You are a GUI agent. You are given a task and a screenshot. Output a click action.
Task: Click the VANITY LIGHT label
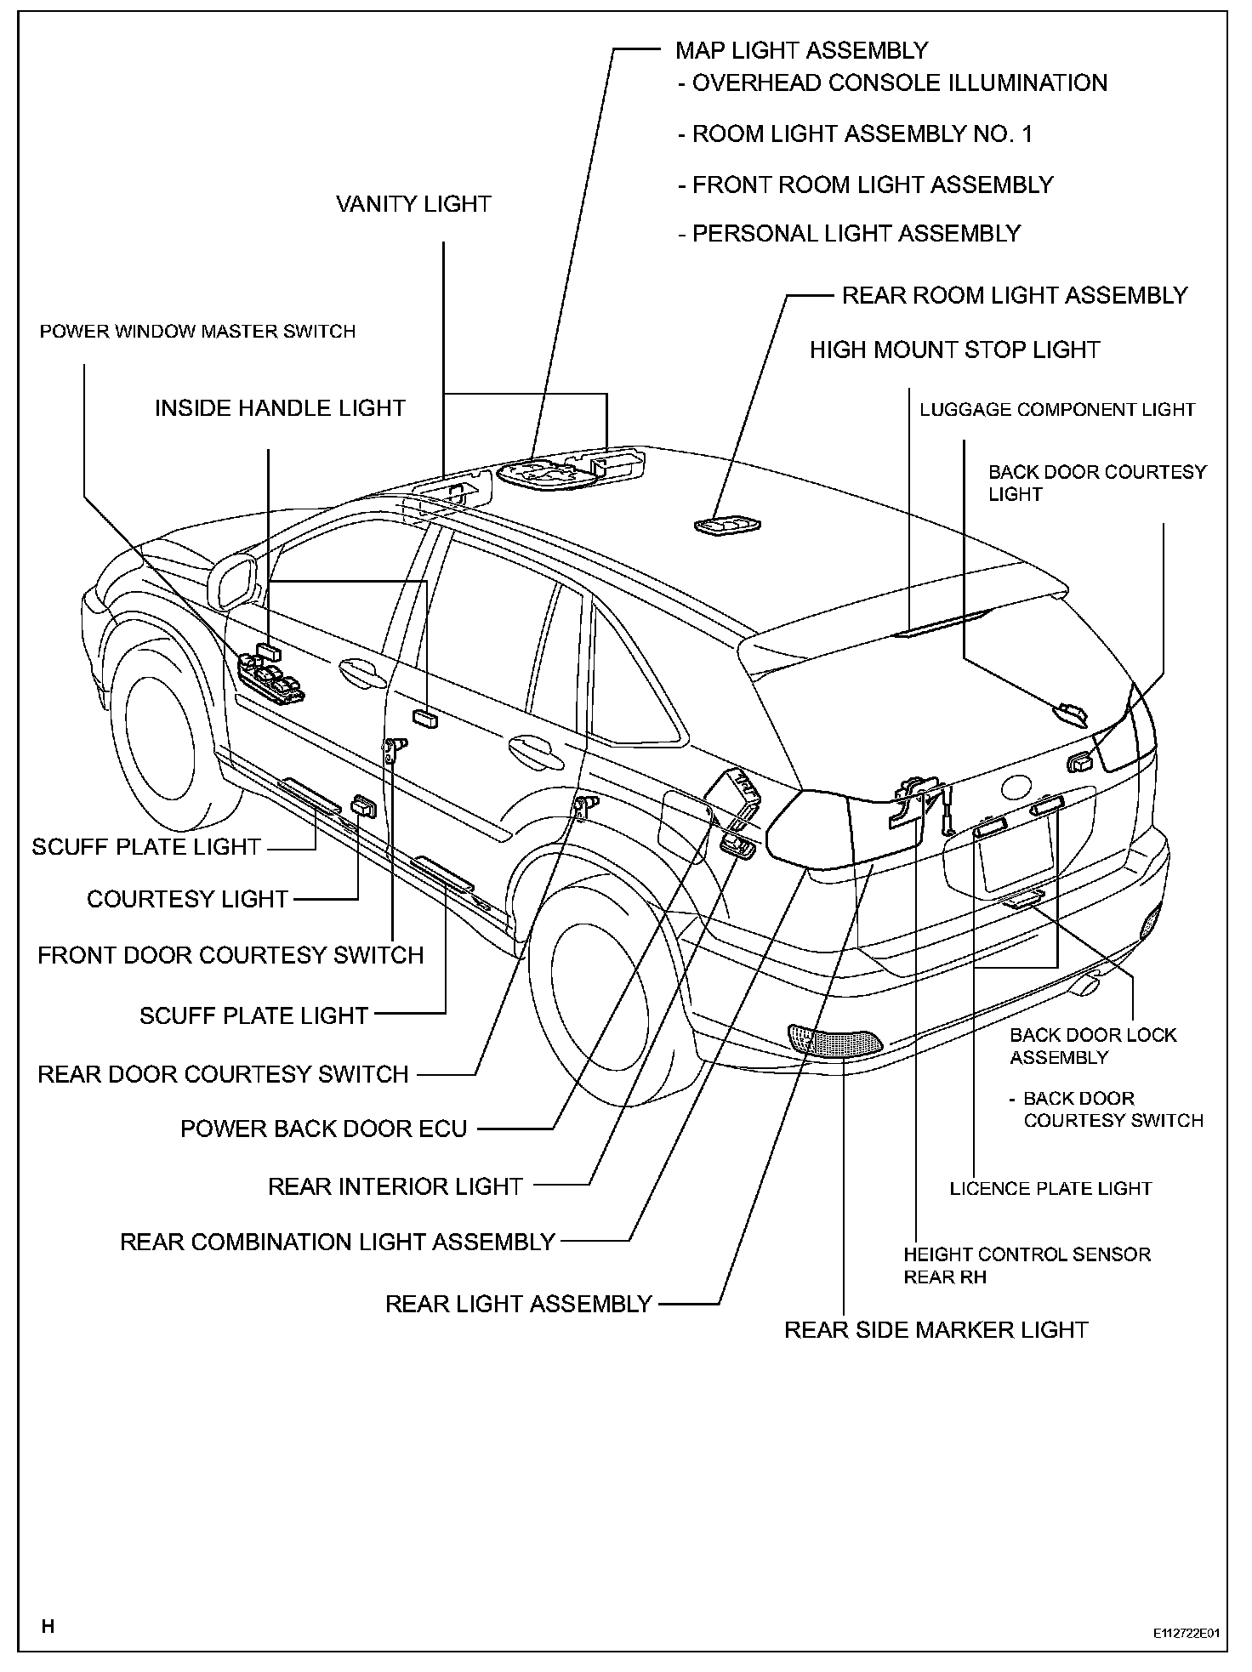[413, 205]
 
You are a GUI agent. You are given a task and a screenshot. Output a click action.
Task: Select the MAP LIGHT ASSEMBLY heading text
[801, 51]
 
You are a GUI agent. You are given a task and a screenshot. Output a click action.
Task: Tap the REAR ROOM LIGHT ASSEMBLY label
[1014, 296]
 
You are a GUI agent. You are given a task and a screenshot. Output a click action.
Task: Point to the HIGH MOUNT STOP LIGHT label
[954, 350]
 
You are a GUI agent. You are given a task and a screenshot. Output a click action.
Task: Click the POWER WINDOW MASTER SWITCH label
[197, 332]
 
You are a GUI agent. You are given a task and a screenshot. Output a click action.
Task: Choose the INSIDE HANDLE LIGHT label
[280, 409]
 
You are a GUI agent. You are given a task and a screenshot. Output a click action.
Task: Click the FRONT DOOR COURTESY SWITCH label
[230, 956]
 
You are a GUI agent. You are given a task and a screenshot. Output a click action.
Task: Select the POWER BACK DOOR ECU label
[323, 1129]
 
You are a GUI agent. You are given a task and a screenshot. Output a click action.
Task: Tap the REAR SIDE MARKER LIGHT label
[936, 1330]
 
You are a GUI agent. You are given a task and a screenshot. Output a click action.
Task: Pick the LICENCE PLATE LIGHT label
[1050, 1189]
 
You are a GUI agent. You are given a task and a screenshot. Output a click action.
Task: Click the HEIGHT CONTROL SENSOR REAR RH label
[1027, 1265]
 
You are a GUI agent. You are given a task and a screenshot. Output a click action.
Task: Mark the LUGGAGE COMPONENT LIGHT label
[1057, 410]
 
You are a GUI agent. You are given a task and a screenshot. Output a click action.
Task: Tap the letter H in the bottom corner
[48, 1627]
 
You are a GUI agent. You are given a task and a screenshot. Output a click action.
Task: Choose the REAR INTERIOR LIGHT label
[395, 1187]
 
